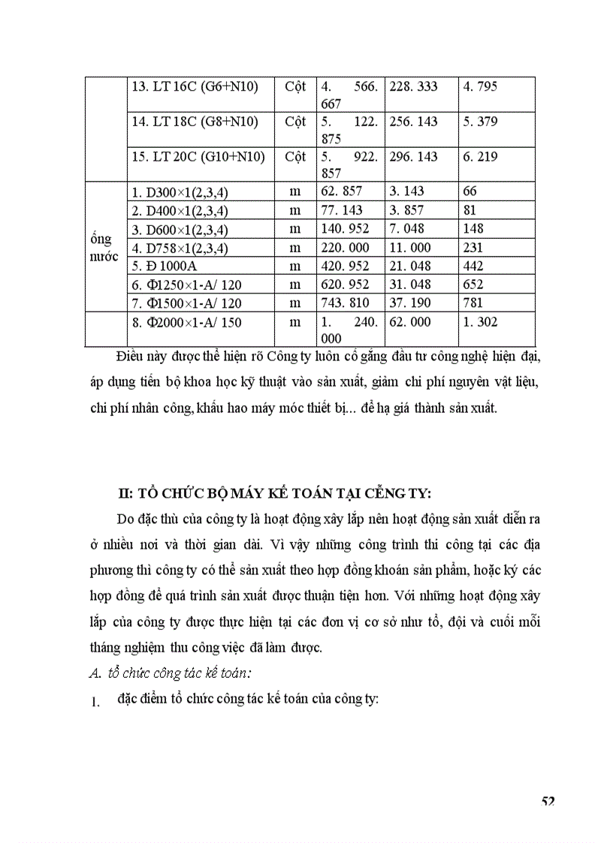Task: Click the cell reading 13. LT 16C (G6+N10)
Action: [195, 87]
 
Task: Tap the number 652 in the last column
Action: [474, 285]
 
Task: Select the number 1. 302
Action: [481, 322]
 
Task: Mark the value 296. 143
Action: [413, 158]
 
